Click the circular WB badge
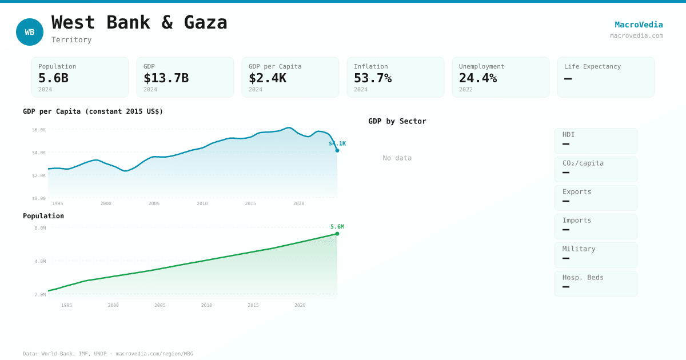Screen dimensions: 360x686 30,32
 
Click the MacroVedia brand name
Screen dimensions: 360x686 639,25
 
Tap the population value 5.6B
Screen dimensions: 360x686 53,78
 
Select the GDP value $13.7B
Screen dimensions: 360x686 166,78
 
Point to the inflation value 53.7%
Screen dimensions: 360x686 373,78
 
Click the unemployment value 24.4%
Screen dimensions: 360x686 478,78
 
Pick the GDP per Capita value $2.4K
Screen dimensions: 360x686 268,78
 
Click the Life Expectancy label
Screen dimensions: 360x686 592,66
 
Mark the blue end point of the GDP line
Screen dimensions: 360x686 337,150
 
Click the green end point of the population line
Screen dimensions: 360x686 337,234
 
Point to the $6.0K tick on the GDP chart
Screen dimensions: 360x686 39,130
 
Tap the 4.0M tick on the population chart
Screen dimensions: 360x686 40,261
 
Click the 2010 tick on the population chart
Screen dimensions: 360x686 206,305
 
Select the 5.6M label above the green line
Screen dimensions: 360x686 337,227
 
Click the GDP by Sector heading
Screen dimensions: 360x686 397,121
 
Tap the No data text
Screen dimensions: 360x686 397,158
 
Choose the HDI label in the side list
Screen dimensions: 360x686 569,135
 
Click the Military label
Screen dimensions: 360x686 579,249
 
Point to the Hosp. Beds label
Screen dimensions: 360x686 583,278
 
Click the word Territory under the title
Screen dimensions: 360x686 71,40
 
